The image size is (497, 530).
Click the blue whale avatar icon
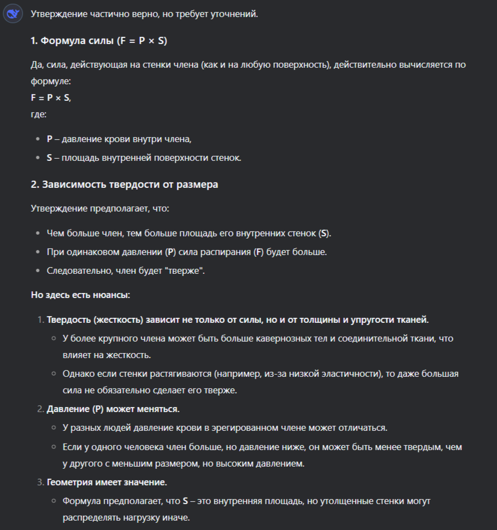coord(13,13)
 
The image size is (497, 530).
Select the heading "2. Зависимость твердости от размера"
coord(125,185)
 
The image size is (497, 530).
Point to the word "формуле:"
coord(51,81)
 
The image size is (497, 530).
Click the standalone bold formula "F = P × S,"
coord(51,98)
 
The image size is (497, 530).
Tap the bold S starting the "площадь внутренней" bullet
coord(50,158)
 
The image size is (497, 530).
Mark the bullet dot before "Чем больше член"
coord(37,233)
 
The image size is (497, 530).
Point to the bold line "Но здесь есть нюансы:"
coord(80,295)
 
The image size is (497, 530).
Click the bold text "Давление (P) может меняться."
coord(113,409)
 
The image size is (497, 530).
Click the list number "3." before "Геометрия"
coord(40,483)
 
